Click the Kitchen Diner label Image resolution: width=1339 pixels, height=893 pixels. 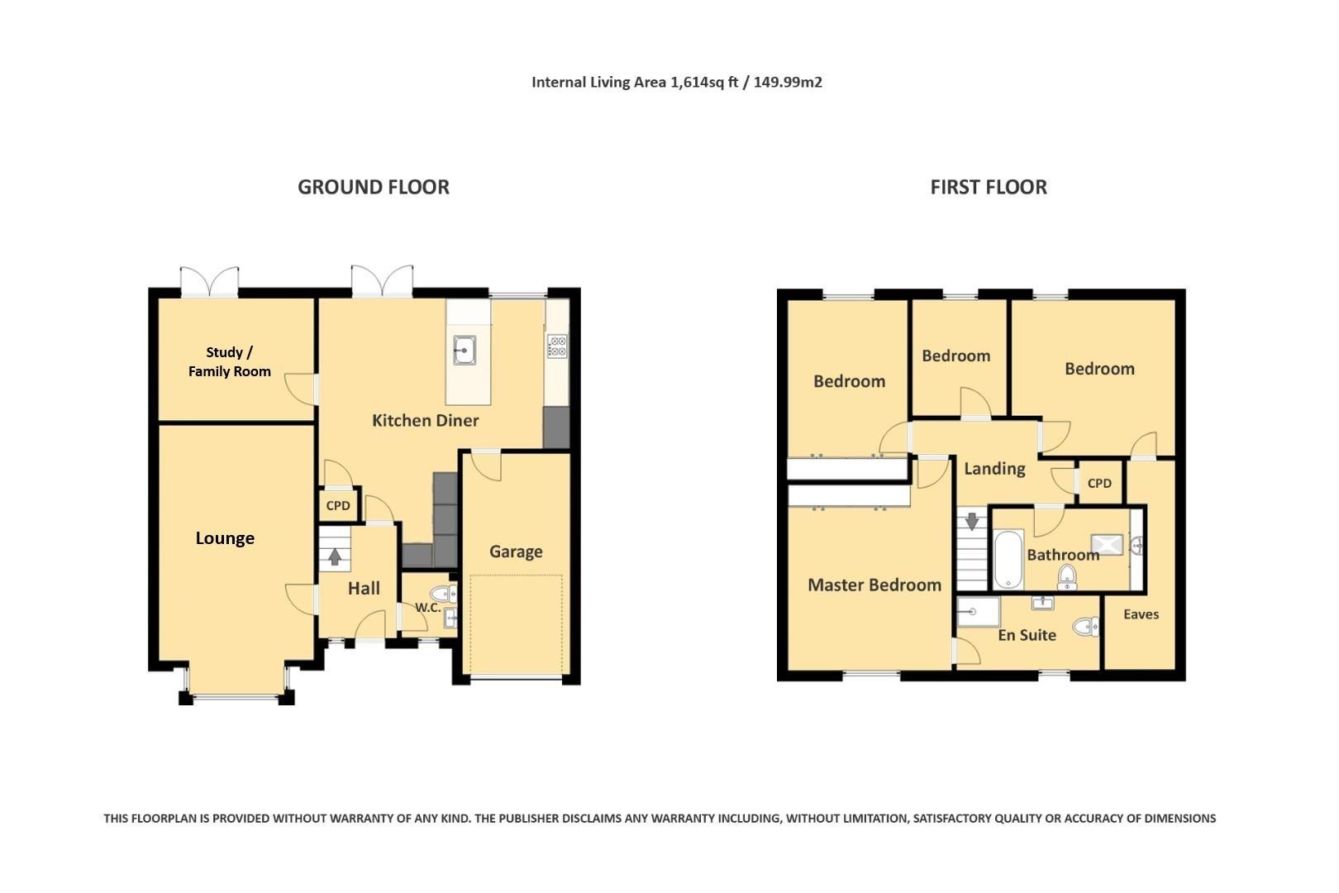pyautogui.click(x=425, y=420)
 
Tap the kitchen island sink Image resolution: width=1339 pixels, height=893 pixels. pyautogui.click(x=465, y=350)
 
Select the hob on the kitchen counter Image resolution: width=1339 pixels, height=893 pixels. pyautogui.click(x=557, y=346)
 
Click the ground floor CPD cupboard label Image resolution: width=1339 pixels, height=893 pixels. pyautogui.click(x=338, y=505)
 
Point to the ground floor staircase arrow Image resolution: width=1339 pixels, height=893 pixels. pyautogui.click(x=335, y=556)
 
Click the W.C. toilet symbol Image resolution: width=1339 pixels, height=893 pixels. pyautogui.click(x=443, y=593)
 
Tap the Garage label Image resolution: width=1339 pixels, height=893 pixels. pyautogui.click(x=516, y=552)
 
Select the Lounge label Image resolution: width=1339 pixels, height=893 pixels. pyautogui.click(x=225, y=538)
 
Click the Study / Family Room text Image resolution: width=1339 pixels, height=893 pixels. pyautogui.click(x=230, y=362)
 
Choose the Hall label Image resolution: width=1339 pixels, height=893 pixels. pyautogui.click(x=364, y=588)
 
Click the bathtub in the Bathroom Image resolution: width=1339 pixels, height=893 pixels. pyautogui.click(x=1008, y=559)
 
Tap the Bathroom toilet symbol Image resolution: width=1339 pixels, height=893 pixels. pyautogui.click(x=1067, y=575)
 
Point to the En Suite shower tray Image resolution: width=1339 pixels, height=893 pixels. pyautogui.click(x=978, y=612)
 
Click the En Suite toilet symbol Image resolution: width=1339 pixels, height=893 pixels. pyautogui.click(x=1087, y=627)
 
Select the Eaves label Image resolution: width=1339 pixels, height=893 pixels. pyautogui.click(x=1141, y=614)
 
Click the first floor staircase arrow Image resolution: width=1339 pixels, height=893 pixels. pyautogui.click(x=972, y=521)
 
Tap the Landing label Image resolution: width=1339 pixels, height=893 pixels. pyautogui.click(x=994, y=469)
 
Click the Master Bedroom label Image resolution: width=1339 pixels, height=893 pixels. pyautogui.click(x=874, y=585)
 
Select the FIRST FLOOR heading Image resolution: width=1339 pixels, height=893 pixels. pyautogui.click(x=989, y=187)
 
